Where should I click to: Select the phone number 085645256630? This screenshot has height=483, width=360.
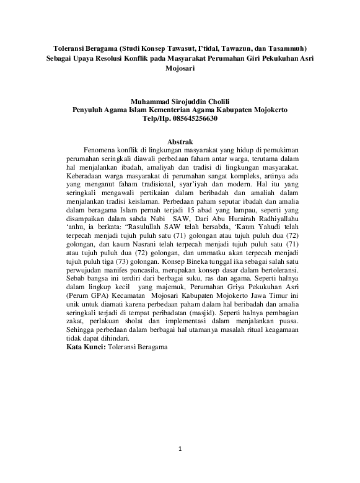[193, 118]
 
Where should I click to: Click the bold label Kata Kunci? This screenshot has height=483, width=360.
[86, 347]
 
